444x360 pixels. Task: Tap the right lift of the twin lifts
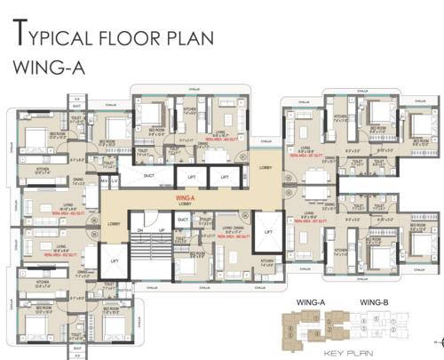[224, 177]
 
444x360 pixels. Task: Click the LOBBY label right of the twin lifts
[265, 167]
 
